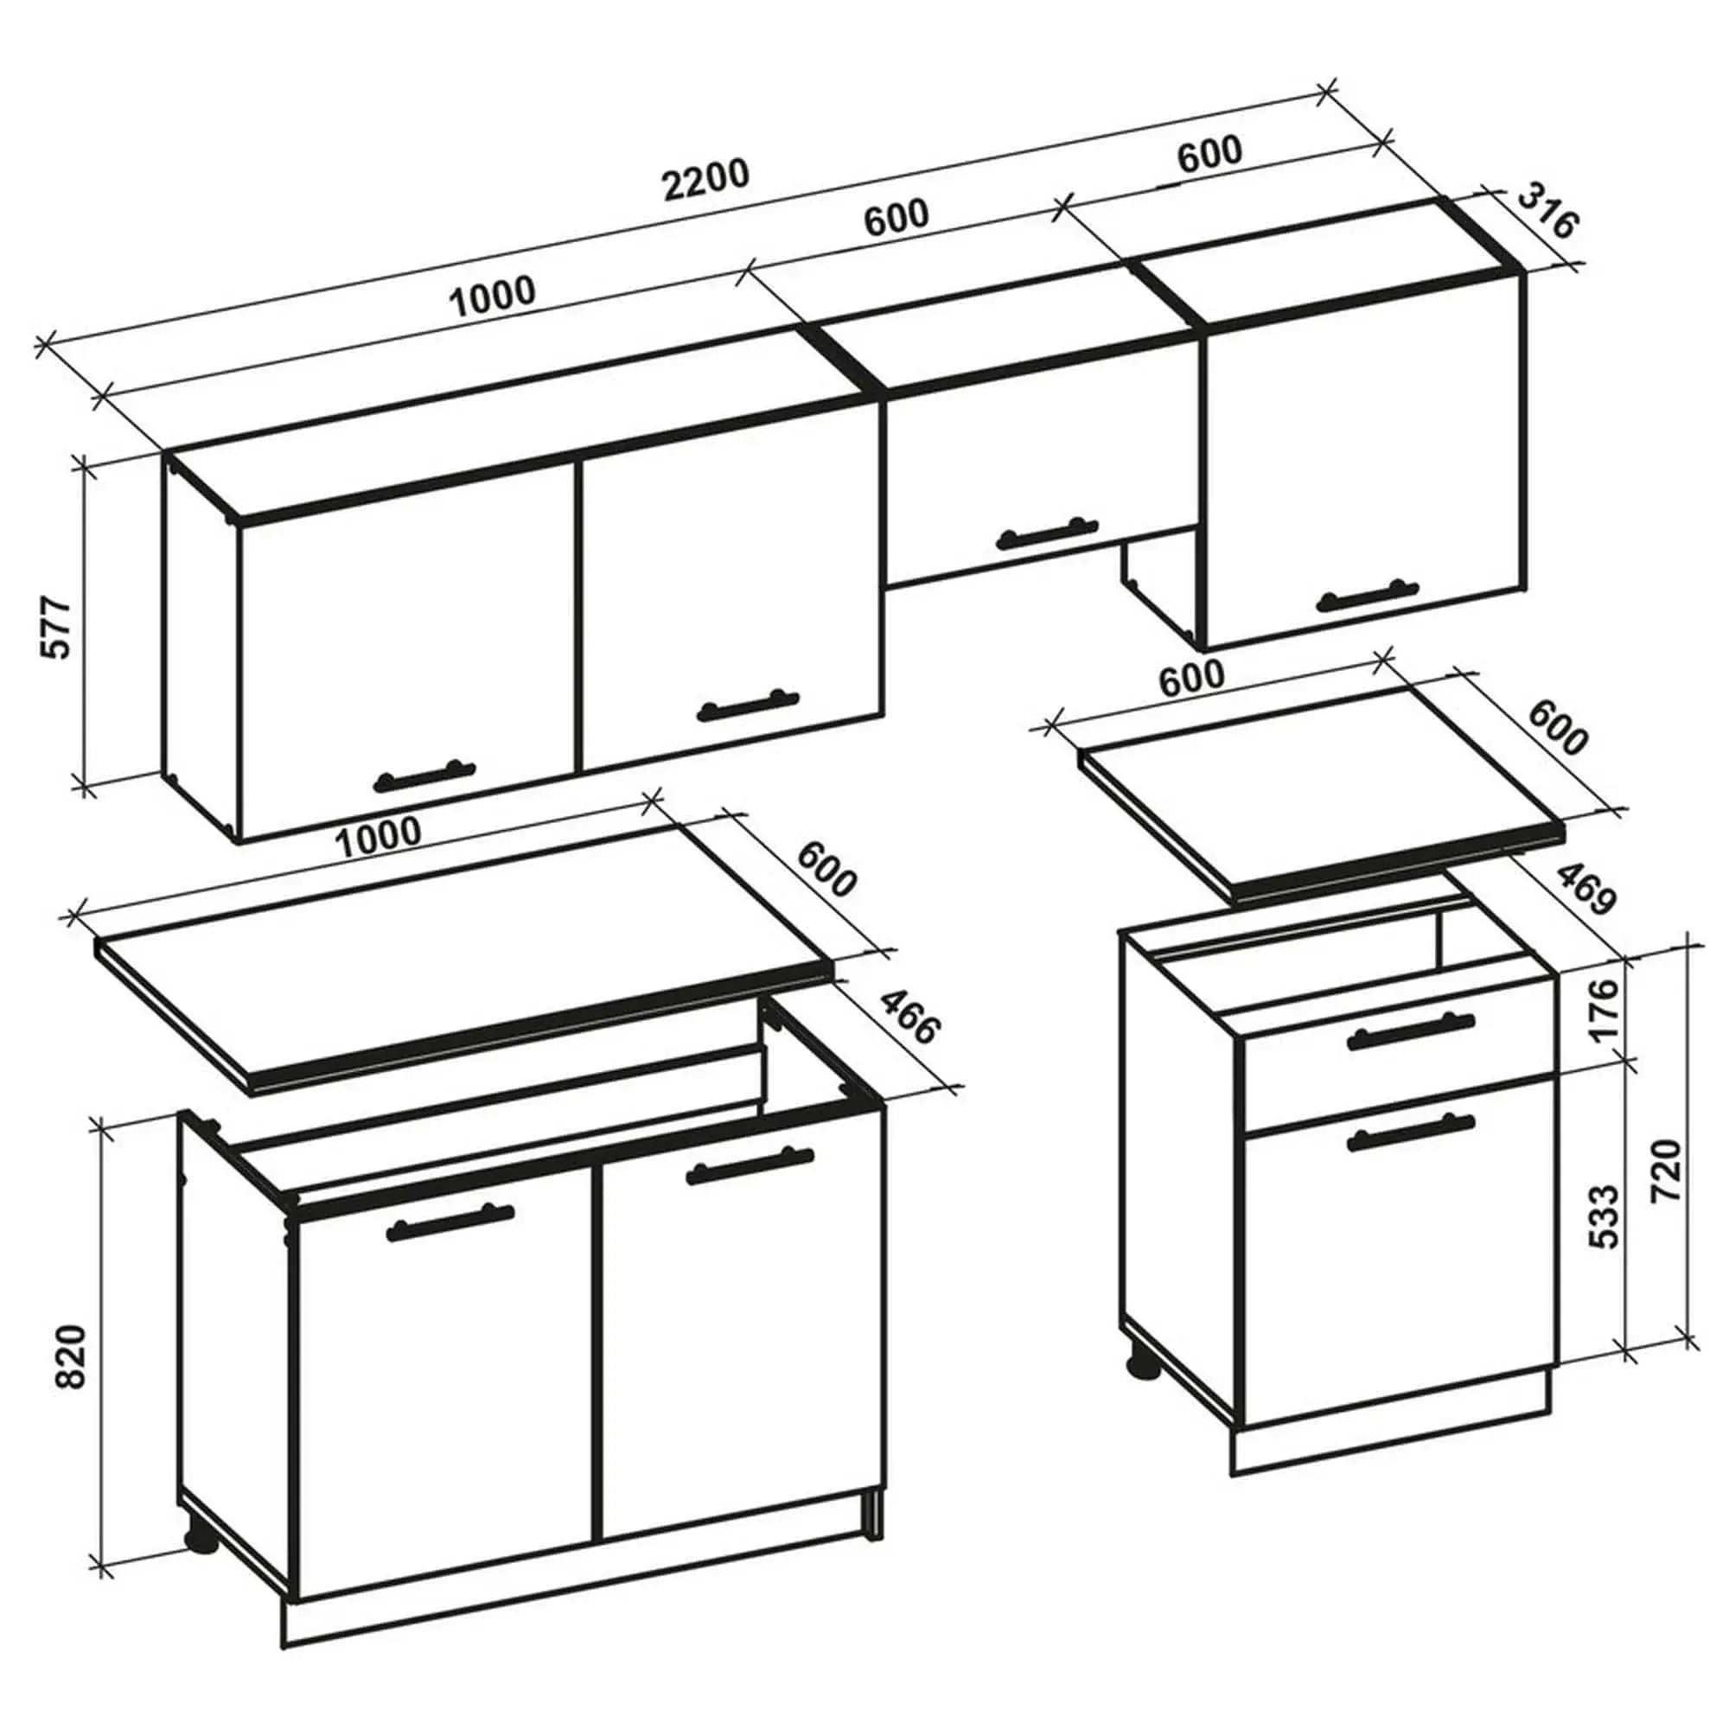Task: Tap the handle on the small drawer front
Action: pyautogui.click(x=1409, y=1037)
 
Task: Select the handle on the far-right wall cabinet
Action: pyautogui.click(x=1368, y=595)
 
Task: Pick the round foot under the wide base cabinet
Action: pyautogui.click(x=201, y=1534)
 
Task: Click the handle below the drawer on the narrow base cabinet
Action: pyautogui.click(x=1410, y=1134)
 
